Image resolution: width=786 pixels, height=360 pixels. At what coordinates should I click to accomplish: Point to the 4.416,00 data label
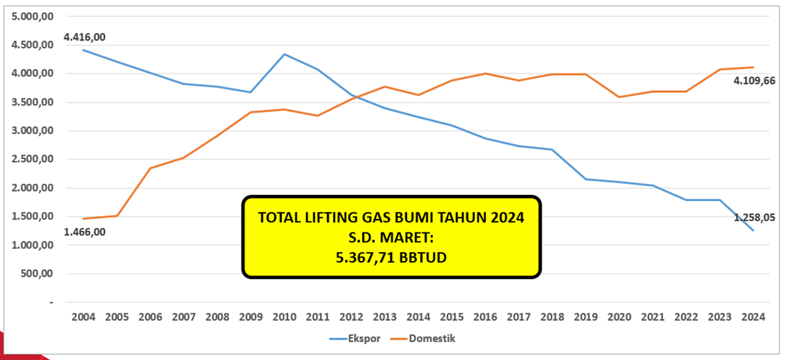click(85, 36)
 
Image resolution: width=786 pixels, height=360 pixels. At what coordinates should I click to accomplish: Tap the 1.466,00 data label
click(85, 232)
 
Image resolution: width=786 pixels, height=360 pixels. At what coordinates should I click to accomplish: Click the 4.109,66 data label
click(754, 80)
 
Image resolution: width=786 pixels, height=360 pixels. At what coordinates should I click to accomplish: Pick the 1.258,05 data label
click(754, 217)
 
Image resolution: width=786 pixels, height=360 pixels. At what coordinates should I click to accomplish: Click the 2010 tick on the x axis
click(283, 317)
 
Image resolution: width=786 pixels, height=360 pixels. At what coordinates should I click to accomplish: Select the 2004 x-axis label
click(82, 317)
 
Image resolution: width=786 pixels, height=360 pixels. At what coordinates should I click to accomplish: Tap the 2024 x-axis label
click(752, 317)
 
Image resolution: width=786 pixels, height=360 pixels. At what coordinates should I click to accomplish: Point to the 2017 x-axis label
click(517, 317)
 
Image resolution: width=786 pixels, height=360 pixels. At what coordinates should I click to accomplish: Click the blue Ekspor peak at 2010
click(283, 54)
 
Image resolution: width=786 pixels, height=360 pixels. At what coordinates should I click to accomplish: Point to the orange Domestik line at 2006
click(149, 168)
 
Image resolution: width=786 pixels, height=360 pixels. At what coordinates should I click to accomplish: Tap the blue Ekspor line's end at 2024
click(752, 230)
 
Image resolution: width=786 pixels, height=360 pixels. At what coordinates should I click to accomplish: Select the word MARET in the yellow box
click(405, 237)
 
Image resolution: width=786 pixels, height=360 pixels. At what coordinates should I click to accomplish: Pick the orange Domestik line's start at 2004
click(82, 218)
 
